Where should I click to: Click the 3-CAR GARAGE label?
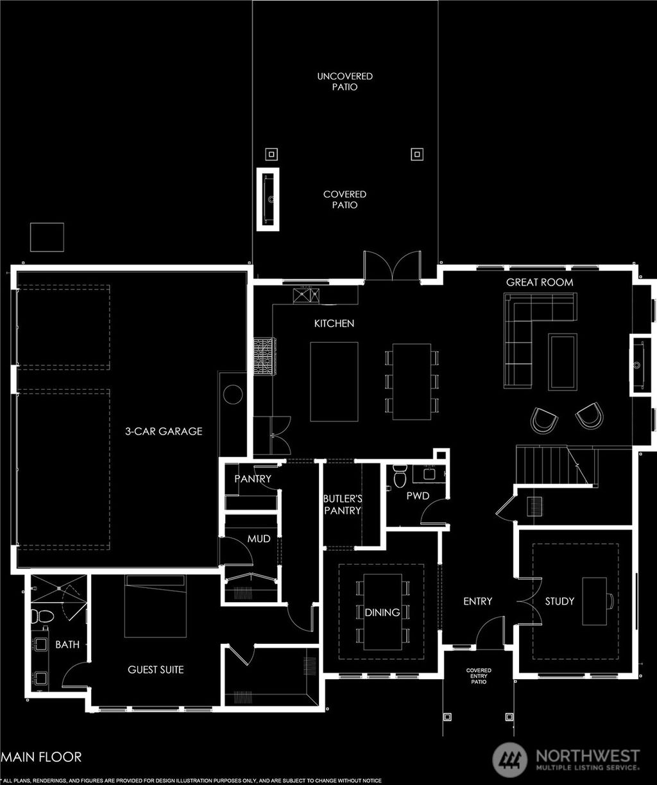[163, 431]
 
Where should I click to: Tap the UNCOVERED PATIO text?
[345, 82]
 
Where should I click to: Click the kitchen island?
[334, 381]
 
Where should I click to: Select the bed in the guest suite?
[155, 606]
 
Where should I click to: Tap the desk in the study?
[595, 601]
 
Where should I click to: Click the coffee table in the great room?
[562, 361]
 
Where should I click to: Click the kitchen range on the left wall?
[264, 357]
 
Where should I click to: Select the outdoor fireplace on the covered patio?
[269, 199]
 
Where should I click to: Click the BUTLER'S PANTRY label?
[342, 504]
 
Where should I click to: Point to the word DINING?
[382, 612]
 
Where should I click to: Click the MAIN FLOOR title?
[42, 757]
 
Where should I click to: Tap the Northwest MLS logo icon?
[510, 760]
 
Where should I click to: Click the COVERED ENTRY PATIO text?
[479, 676]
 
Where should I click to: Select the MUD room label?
[259, 539]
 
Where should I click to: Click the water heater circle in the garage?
[233, 394]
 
